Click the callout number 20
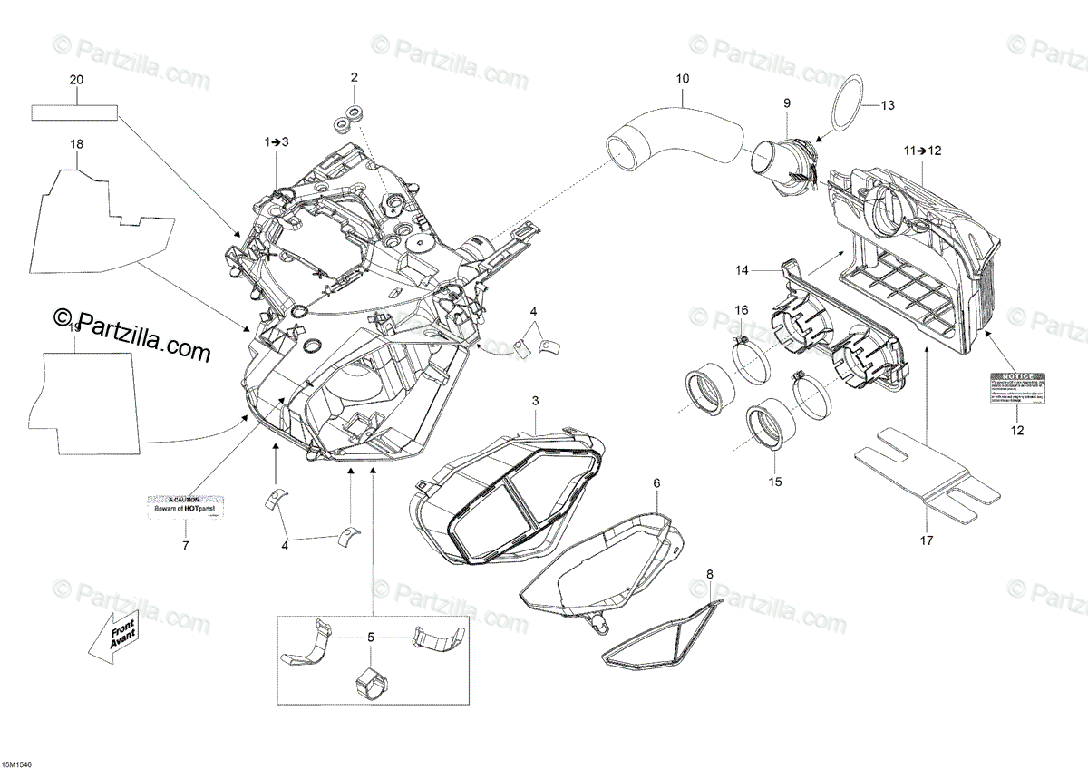(76, 81)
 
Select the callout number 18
(77, 144)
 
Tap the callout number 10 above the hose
(682, 79)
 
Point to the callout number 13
(887, 106)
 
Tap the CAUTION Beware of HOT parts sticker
(186, 505)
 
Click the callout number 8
(710, 573)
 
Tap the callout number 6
(656, 483)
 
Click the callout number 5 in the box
(370, 638)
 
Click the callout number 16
(742, 310)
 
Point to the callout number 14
(742, 270)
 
